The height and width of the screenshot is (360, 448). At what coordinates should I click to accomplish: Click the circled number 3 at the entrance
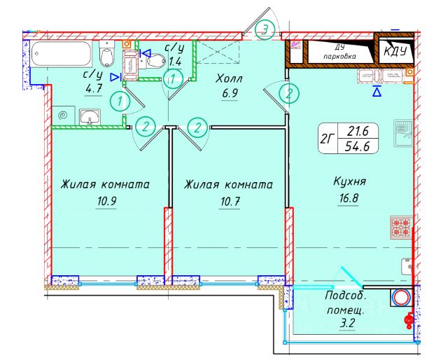pyautogui.click(x=265, y=29)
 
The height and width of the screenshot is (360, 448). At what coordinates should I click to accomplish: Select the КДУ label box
pyautogui.click(x=395, y=51)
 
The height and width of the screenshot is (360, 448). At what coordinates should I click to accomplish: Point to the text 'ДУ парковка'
pyautogui.click(x=339, y=51)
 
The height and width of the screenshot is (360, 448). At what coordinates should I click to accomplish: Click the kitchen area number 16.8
pyautogui.click(x=351, y=199)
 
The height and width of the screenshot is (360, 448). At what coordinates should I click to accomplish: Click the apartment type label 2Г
pyautogui.click(x=326, y=138)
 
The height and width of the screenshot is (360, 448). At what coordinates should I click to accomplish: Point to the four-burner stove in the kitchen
pyautogui.click(x=402, y=228)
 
